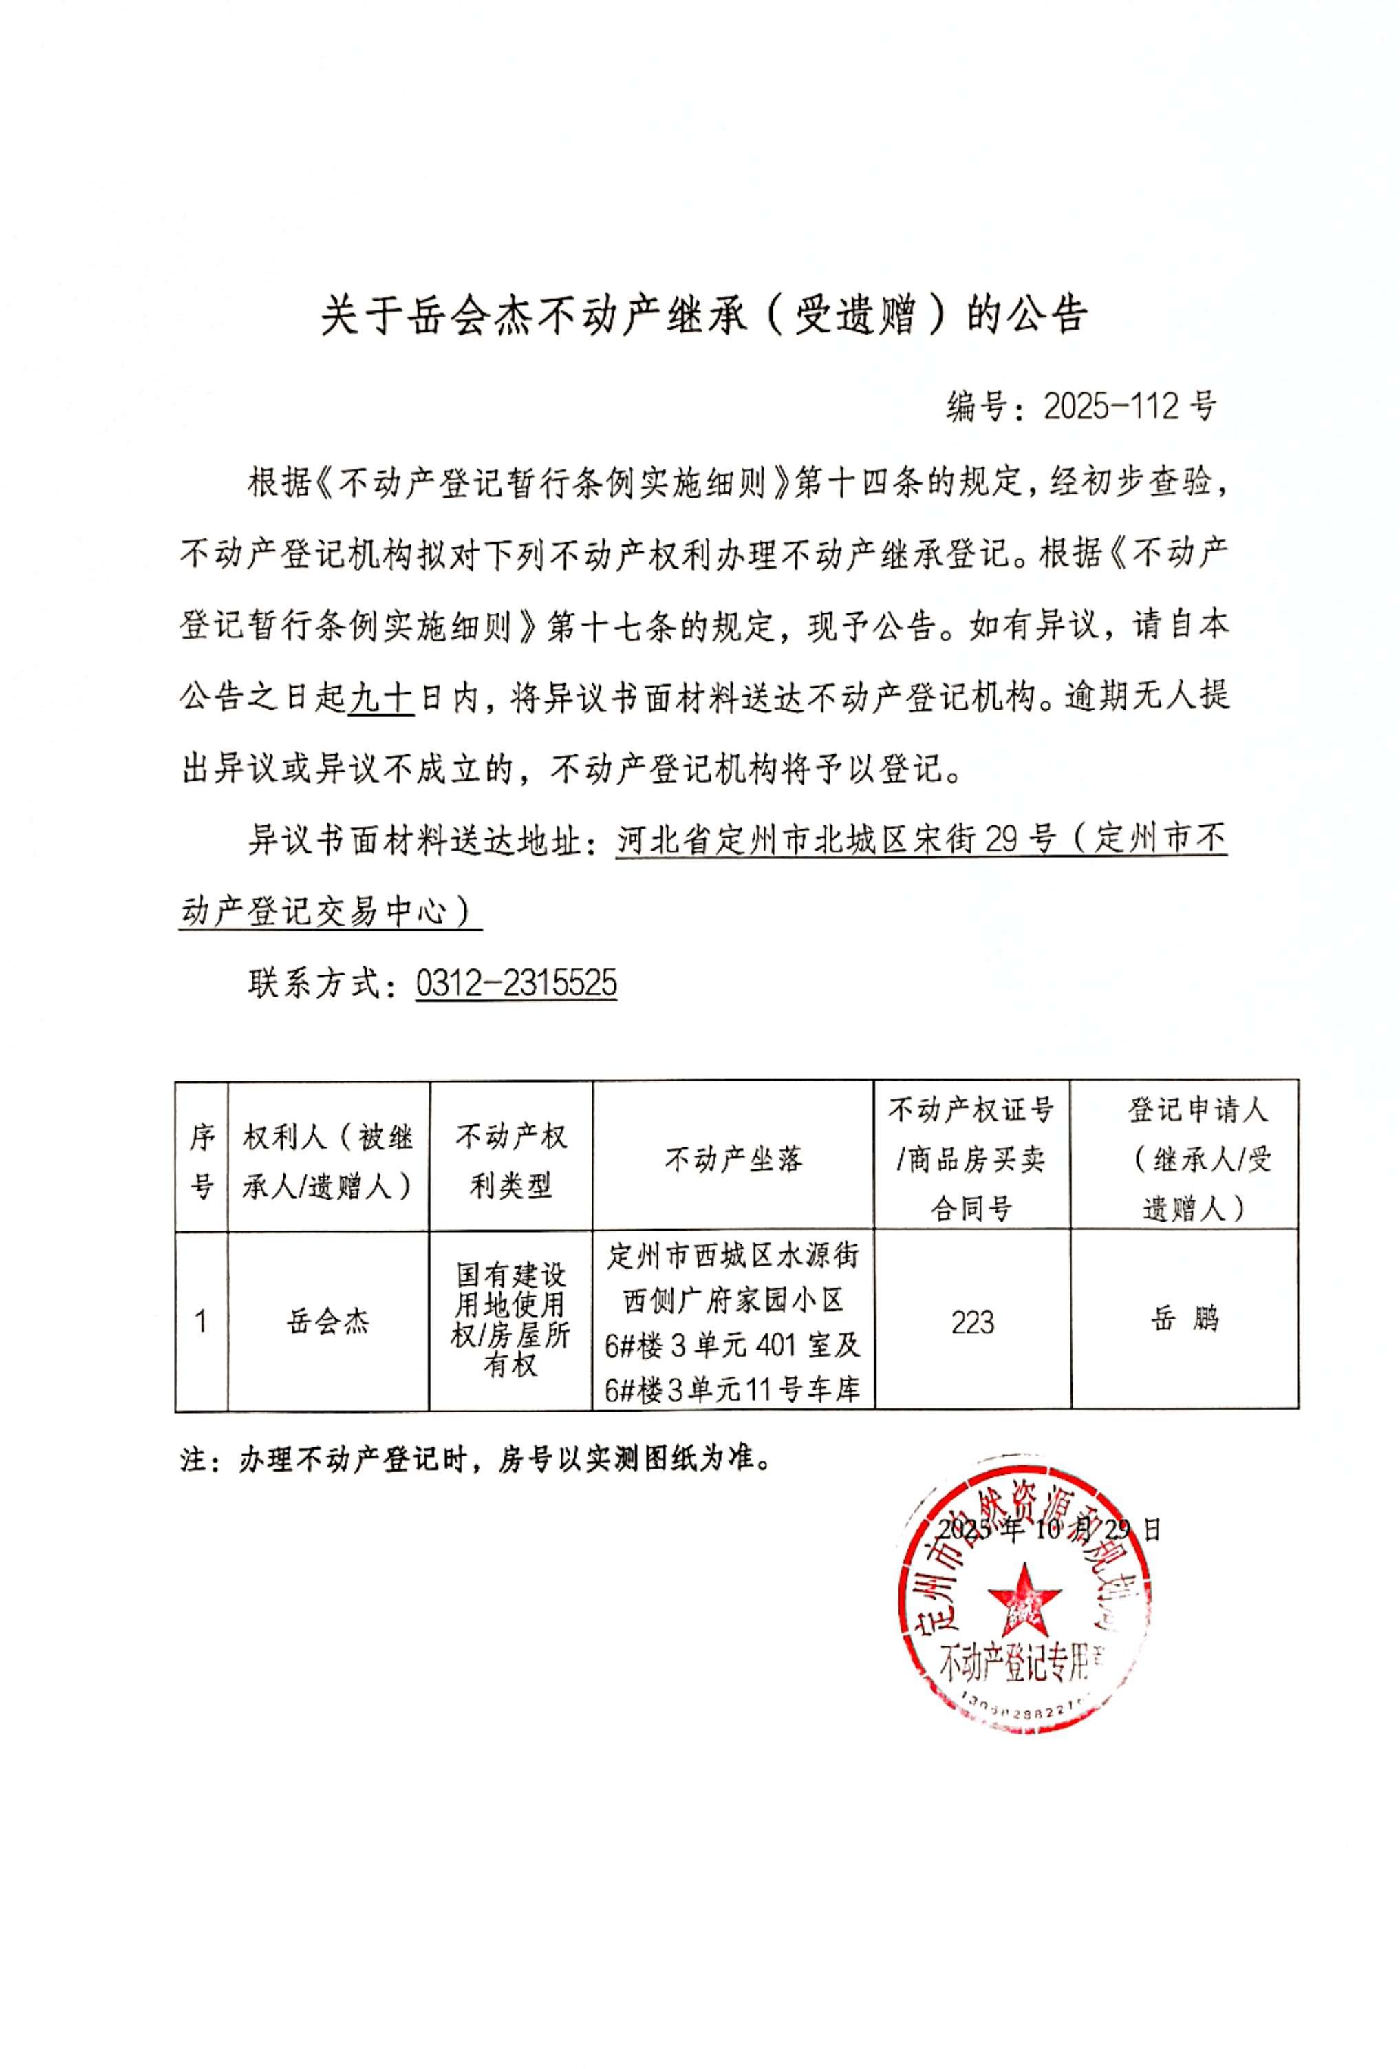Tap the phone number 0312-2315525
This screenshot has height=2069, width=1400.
coord(516,983)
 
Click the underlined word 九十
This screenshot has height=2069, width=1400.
coord(381,695)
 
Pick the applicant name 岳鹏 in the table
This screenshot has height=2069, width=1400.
coord(1184,1317)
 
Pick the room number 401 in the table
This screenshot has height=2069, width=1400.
coord(775,1345)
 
